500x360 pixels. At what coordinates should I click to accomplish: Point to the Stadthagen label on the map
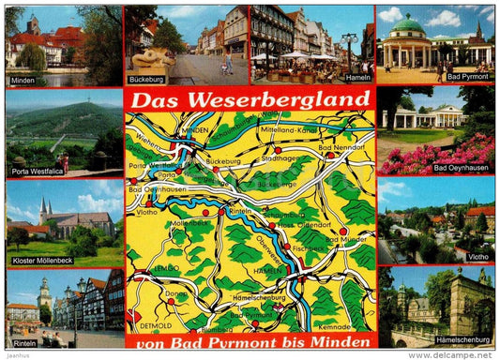coord(281,158)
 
